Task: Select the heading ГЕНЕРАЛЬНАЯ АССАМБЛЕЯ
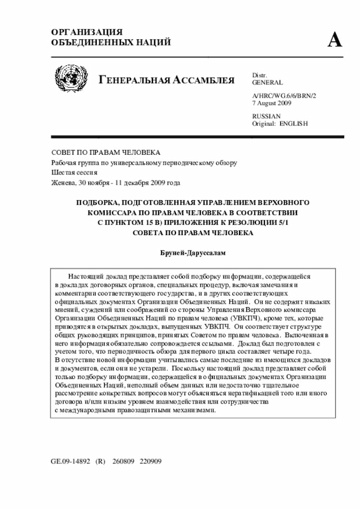166,80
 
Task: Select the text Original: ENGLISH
280,123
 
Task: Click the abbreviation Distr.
259,75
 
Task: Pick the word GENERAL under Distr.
268,82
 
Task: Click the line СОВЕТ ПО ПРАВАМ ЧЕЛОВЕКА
106,152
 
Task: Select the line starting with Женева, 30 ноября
115,183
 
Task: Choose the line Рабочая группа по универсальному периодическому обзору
144,163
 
